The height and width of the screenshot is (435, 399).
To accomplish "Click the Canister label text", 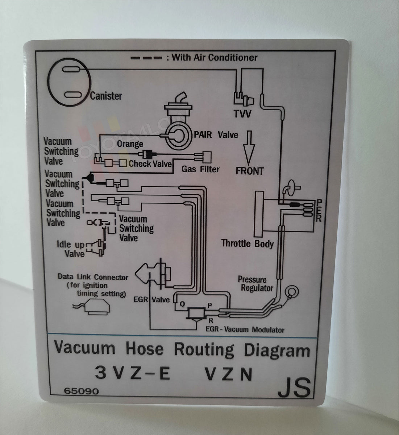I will (106, 96).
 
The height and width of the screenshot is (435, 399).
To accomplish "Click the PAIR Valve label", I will (216, 135).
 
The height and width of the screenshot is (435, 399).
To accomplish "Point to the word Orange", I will (130, 144).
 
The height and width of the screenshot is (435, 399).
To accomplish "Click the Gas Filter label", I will (200, 169).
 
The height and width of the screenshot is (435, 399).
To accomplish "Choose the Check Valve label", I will (150, 164).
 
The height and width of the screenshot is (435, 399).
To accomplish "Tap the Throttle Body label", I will (248, 243).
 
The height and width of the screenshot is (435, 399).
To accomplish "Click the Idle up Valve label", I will (71, 249).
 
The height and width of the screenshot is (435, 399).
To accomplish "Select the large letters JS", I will (294, 388).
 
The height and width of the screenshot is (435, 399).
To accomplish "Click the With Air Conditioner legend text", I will (214, 57).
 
